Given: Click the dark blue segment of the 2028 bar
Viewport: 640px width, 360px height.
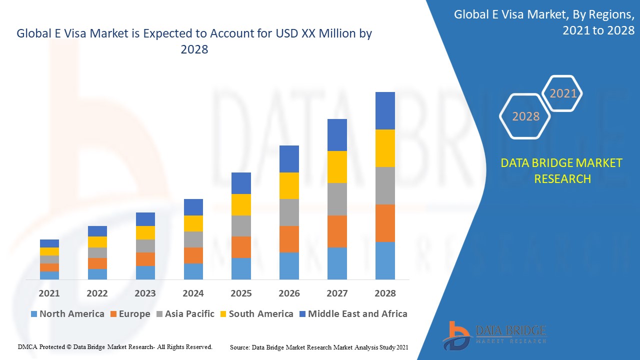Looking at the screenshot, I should click(385, 110).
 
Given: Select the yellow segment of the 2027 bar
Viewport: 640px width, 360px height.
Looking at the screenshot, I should click(337, 167).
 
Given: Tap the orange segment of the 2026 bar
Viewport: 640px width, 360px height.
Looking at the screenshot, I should click(289, 239).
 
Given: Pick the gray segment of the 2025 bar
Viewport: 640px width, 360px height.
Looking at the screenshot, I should click(241, 226).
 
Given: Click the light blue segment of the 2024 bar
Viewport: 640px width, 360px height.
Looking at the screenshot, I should click(193, 271).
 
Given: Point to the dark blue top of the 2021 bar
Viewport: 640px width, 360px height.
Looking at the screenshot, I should click(49, 243).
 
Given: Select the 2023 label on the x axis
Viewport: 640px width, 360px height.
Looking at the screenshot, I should click(145, 293).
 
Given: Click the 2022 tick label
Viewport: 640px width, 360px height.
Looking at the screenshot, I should click(97, 293).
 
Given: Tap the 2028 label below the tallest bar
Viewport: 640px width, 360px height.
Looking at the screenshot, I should click(385, 293).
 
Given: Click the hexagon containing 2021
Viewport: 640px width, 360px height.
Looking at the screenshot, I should click(563, 93).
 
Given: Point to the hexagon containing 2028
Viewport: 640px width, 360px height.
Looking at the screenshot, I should click(525, 116).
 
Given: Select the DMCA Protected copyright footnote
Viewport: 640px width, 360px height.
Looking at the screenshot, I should click(115, 346).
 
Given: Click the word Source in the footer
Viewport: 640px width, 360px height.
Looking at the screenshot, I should click(239, 347).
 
